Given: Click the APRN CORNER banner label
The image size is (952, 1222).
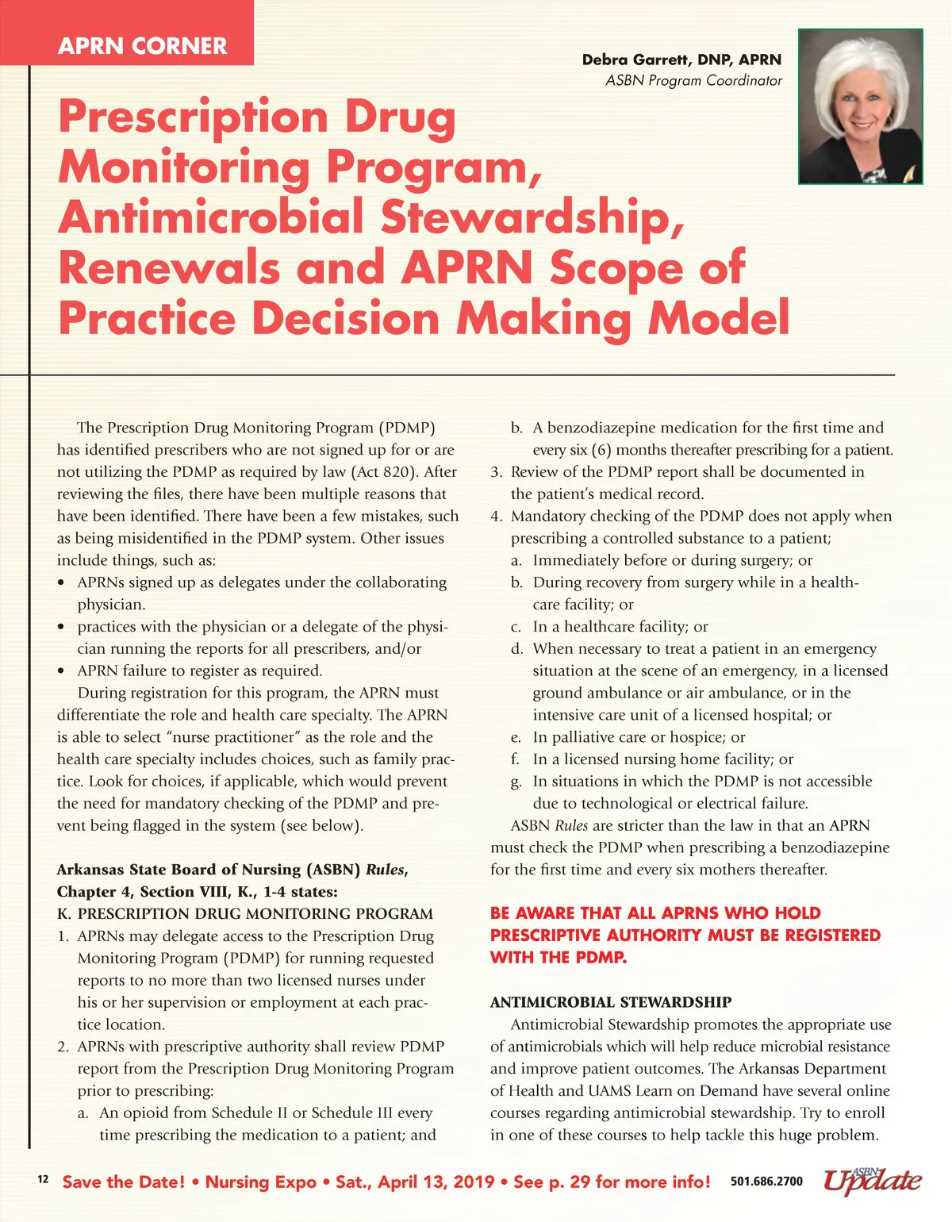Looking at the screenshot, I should (143, 45).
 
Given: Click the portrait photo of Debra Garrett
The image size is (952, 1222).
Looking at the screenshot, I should (860, 106).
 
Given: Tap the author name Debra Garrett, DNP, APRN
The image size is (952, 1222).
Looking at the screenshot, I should (681, 60).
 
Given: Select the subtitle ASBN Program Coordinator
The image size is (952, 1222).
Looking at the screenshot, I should (693, 80).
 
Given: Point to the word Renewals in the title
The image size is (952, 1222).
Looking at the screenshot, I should (169, 267).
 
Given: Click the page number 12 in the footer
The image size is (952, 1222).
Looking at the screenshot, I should (43, 1180).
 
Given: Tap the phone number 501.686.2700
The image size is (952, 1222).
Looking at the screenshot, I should (766, 1182).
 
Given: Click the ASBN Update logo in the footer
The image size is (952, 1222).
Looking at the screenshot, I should (872, 1181).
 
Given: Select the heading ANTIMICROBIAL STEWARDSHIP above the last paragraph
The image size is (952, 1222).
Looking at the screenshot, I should (611, 1002).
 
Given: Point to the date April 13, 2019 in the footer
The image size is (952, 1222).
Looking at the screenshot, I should (436, 1182).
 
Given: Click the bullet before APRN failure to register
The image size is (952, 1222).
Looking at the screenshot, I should (61, 671).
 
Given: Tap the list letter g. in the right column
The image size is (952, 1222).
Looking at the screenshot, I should (516, 782).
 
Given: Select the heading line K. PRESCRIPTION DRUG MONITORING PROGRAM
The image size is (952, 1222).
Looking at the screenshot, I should (245, 914).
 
